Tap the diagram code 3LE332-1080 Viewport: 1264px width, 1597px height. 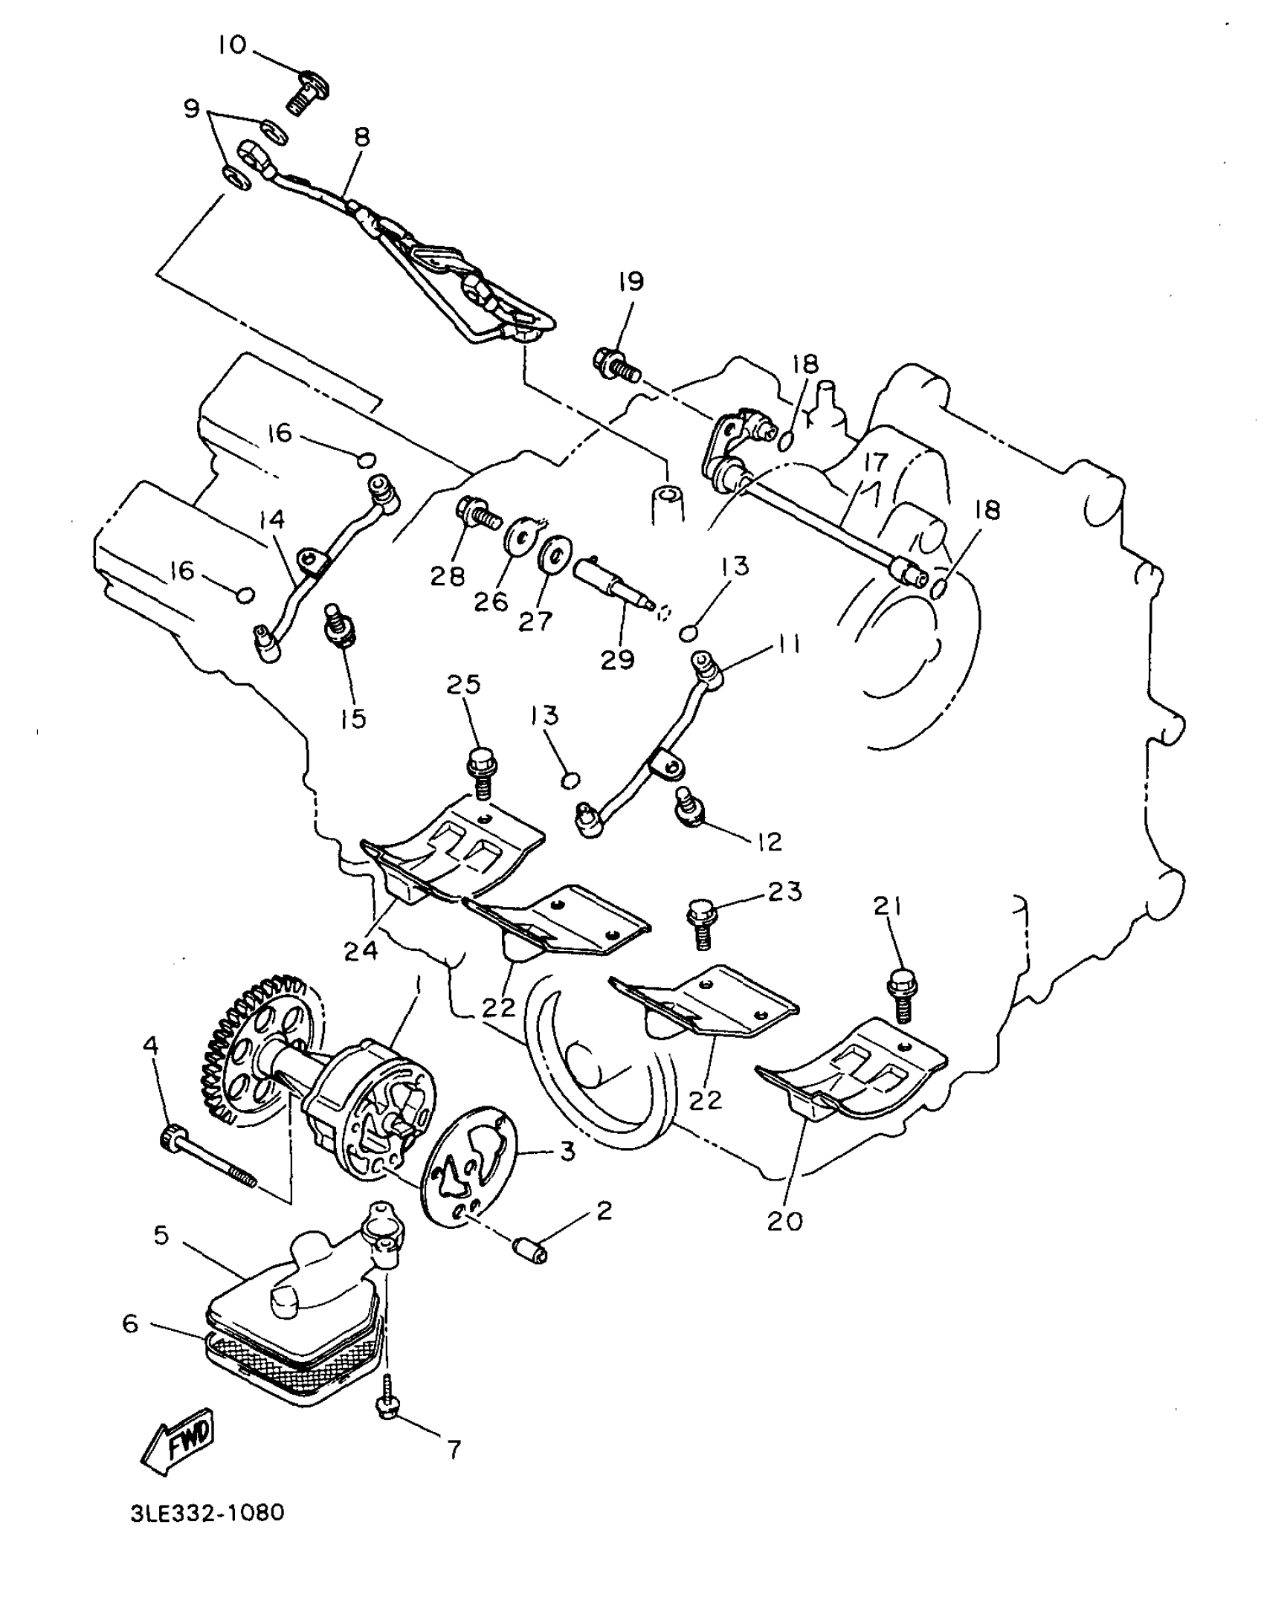tap(207, 1512)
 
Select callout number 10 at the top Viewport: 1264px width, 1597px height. tap(231, 45)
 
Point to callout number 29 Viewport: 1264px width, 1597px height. tap(618, 659)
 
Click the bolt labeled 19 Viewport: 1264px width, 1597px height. tap(614, 364)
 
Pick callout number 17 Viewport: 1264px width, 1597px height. tap(876, 463)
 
